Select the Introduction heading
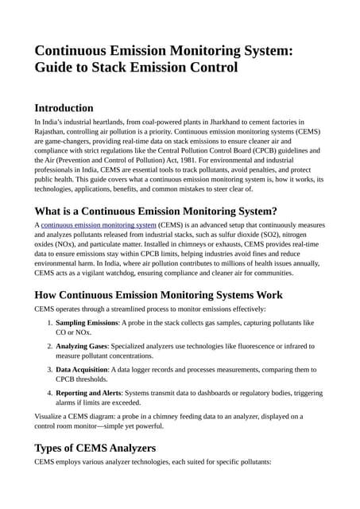64,108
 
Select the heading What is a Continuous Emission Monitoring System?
156,211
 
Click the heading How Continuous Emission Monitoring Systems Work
158,295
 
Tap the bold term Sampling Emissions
87,323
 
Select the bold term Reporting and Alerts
91,393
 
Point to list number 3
48,370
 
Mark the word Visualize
52,416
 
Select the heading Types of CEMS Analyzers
95,448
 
